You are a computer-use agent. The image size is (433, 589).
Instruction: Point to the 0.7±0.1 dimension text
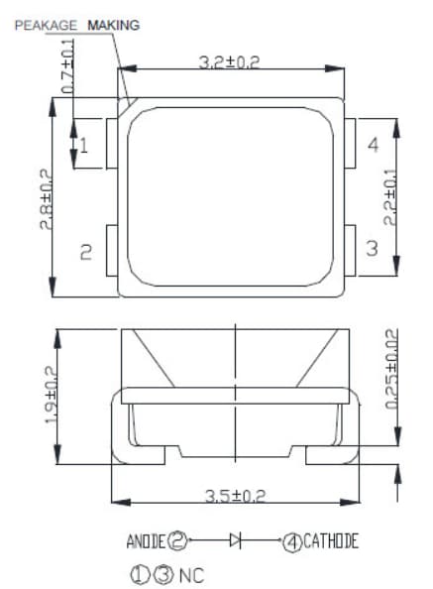tap(68, 68)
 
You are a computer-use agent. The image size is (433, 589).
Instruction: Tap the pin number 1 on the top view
tap(84, 147)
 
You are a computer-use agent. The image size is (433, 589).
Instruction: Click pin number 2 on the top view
tap(84, 253)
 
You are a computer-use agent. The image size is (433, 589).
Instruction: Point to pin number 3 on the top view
tap(373, 248)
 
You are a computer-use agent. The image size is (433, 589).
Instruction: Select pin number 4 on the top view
tap(373, 146)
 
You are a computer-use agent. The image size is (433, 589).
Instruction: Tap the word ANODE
tap(146, 541)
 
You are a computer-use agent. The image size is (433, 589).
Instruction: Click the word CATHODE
tap(331, 541)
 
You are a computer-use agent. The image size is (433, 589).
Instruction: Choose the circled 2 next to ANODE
tap(178, 541)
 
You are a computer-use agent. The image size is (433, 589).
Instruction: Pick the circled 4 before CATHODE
tap(292, 541)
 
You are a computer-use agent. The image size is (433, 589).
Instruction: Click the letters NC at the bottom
tap(191, 573)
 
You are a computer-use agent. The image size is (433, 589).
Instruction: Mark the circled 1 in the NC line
tap(139, 573)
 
